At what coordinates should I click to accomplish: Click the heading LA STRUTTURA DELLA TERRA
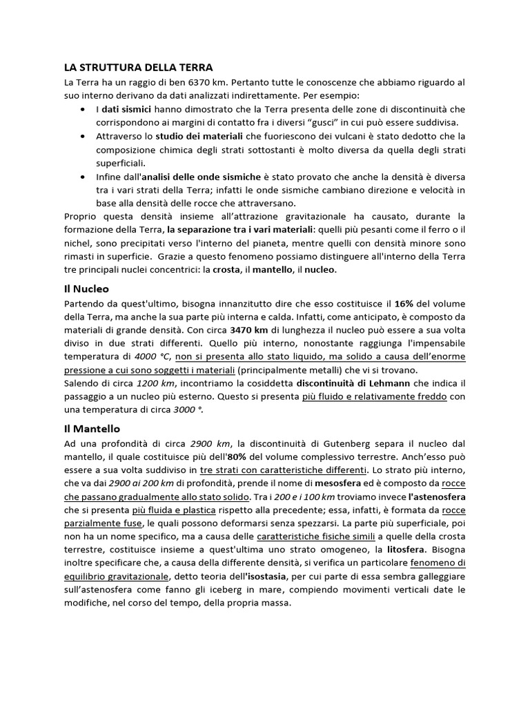tap(139, 67)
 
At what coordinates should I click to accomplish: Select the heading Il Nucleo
tap(86, 288)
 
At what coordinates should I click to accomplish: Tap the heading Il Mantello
tap(92, 428)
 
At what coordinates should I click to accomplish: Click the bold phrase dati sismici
tap(128, 109)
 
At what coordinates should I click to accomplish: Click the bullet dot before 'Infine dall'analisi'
tap(83, 177)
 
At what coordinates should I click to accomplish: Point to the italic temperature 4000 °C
tap(154, 357)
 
